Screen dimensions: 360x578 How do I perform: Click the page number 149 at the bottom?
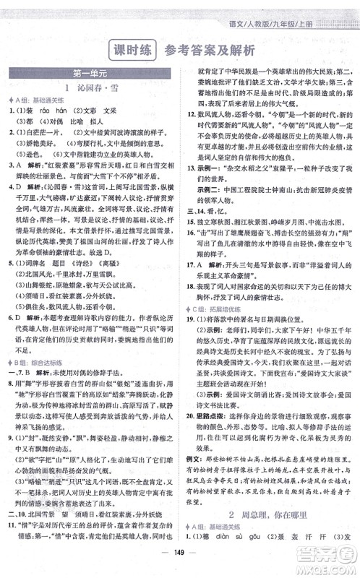pyautogui.click(x=180, y=565)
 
